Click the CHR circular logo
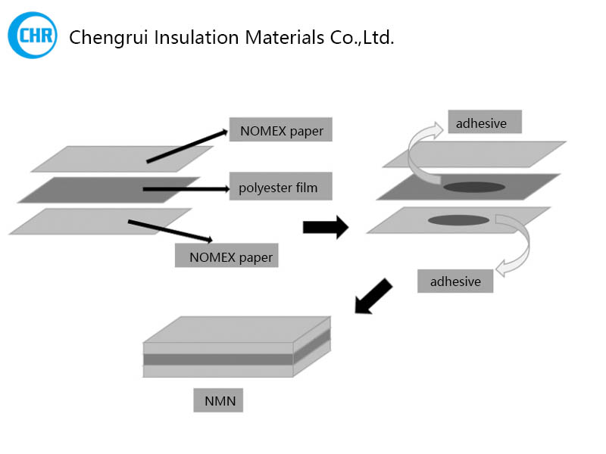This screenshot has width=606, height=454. coord(32,35)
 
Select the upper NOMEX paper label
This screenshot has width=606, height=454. coord(281,130)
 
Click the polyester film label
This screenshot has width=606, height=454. coord(280,187)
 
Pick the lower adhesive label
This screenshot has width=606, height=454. coord(455,281)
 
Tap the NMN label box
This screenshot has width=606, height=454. coord(218,400)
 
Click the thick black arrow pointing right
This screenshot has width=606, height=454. coord(325,227)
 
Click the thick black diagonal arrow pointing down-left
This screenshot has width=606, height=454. coord(374,296)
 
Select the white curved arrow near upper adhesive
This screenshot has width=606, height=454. coord(421,151)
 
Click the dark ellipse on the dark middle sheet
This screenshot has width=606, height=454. coord(473,187)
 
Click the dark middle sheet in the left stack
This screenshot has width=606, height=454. coord(98,190)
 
